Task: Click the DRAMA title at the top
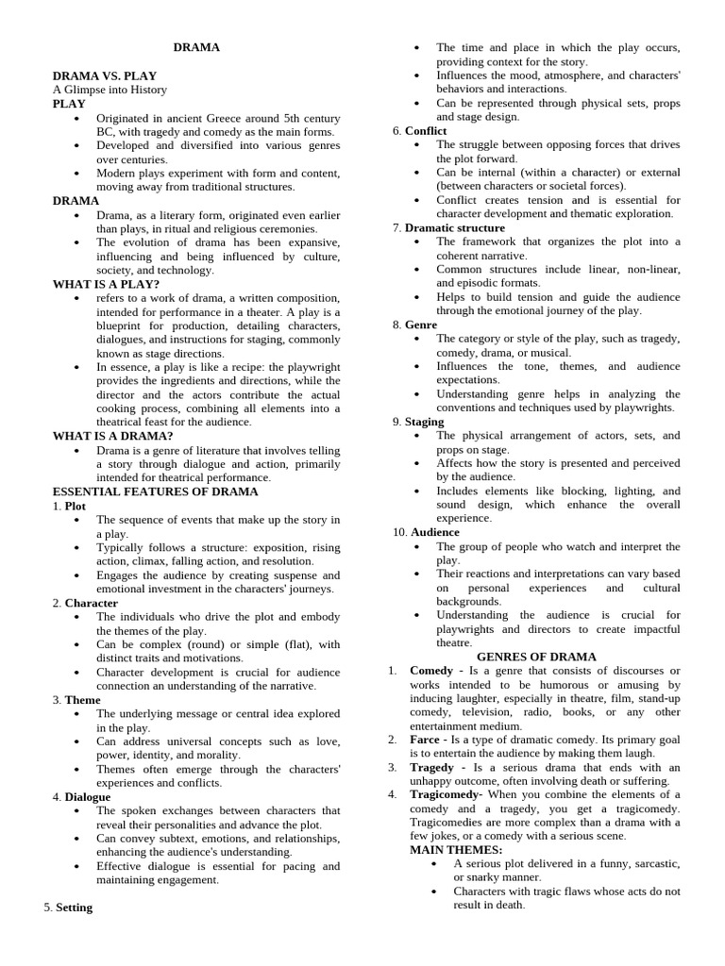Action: pos(196,47)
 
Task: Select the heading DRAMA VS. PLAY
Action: pos(105,75)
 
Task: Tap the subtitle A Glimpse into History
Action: pos(110,90)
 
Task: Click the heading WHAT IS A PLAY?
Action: pos(106,284)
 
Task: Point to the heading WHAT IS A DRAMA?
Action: pos(112,436)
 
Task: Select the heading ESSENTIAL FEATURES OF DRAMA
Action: pos(155,491)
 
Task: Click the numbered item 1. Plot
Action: pos(70,506)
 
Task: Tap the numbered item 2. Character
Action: pos(86,603)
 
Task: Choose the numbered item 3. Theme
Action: pos(76,700)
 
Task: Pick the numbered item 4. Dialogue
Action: pos(82,797)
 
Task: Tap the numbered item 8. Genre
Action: pos(415,325)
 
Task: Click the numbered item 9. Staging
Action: pos(418,422)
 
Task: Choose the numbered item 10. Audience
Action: pos(427,532)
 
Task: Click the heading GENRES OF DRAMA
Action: pos(536,657)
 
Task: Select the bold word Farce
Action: pos(425,740)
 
